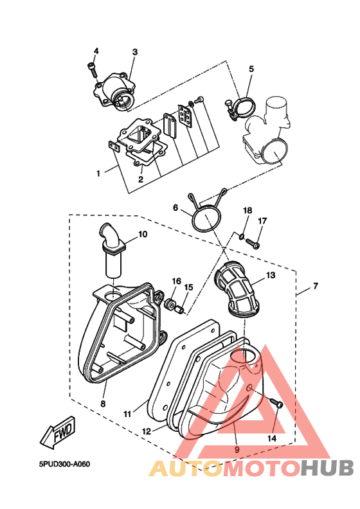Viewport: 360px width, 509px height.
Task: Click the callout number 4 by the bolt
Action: coord(96,51)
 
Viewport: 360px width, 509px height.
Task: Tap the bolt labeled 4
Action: coord(92,70)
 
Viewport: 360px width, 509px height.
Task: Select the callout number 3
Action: coord(135,52)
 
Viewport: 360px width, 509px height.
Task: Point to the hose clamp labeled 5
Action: coord(240,109)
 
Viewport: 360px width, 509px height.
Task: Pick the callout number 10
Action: coord(143,234)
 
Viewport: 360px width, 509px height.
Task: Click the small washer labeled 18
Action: coord(241,237)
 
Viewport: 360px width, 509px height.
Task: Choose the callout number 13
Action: coord(271,275)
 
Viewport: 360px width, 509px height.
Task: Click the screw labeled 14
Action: coord(276,403)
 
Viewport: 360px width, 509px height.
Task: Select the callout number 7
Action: coord(316,286)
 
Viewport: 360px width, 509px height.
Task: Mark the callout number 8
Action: coord(103,404)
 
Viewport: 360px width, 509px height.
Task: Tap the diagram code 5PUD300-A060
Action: coord(64,464)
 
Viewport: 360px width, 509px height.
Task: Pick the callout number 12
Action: coord(147,431)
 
